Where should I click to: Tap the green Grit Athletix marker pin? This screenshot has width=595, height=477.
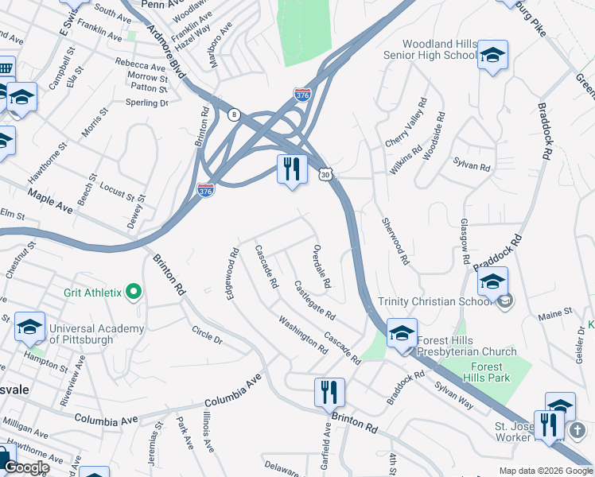(x=134, y=293)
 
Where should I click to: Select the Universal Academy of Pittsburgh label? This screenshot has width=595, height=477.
(x=96, y=335)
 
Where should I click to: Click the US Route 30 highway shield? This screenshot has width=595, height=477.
(x=325, y=173)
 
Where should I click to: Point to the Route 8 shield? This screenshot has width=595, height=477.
(x=233, y=114)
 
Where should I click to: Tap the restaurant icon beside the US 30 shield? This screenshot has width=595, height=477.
(x=292, y=169)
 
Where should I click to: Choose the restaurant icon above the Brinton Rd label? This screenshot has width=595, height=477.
(x=329, y=392)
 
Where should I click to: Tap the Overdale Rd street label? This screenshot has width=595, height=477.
(x=321, y=266)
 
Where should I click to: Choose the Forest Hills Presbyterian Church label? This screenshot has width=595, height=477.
(x=465, y=345)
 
